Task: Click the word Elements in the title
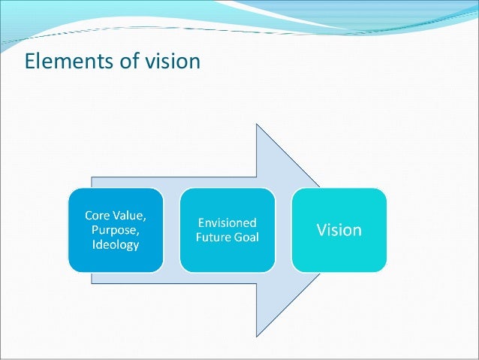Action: click(x=62, y=59)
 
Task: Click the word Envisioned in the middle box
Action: click(x=227, y=222)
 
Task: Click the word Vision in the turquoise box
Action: click(x=339, y=229)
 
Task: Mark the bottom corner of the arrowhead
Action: click(x=258, y=335)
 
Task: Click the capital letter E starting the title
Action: click(x=31, y=59)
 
